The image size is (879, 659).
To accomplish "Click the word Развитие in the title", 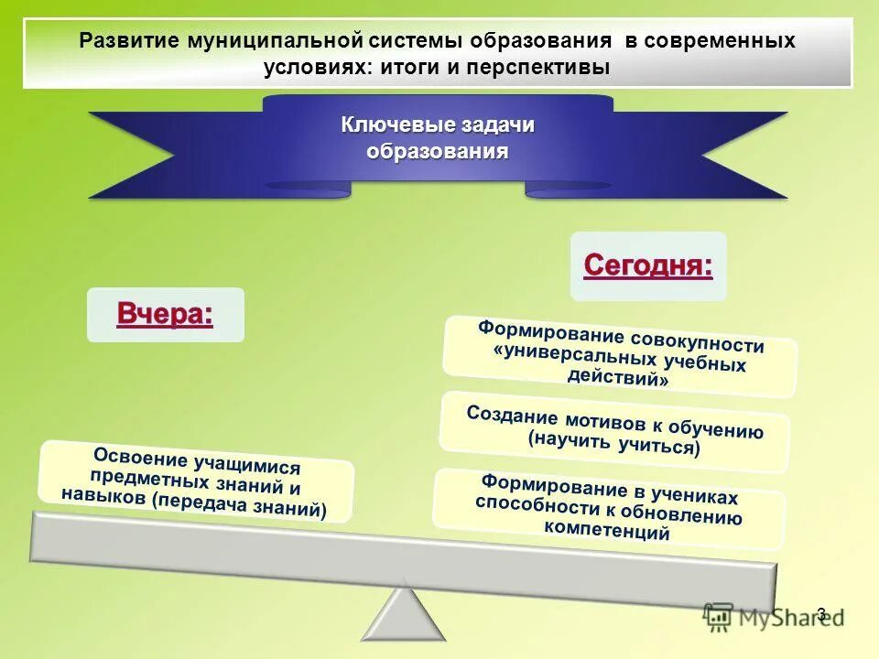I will (129, 41).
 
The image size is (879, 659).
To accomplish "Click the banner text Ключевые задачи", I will (438, 125).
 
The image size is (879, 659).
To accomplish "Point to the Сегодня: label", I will (648, 265).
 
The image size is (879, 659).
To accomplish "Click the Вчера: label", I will (165, 314).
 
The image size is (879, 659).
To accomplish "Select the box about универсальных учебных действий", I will (620, 356).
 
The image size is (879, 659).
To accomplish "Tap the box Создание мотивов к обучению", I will (614, 431).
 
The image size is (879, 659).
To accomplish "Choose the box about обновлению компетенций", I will (609, 509).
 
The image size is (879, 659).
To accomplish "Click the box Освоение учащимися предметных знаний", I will (195, 481).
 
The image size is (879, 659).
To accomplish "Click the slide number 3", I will (820, 614).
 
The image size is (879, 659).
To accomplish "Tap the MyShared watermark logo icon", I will (719, 619).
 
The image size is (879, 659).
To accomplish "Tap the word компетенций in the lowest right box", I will (606, 530).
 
